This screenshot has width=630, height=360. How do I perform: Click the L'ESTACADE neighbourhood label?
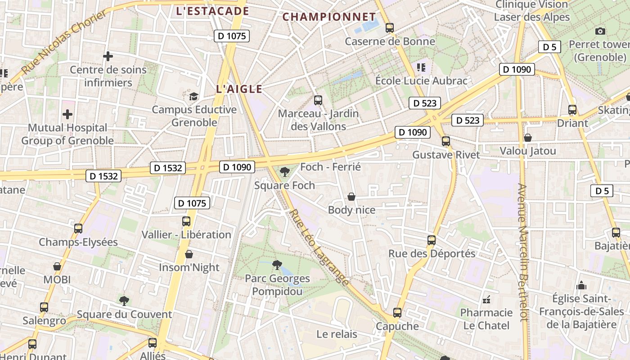[x=212, y=11]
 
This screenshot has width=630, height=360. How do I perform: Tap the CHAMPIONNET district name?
[x=329, y=17]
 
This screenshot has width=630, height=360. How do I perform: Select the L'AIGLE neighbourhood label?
[x=239, y=89]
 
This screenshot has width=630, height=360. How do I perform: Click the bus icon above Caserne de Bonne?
[x=390, y=28]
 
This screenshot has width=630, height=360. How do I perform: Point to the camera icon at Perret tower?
[x=600, y=31]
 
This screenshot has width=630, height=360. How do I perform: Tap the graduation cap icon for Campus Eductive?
[x=193, y=96]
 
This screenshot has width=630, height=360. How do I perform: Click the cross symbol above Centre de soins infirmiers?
[x=108, y=56]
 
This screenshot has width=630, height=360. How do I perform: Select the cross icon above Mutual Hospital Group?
[x=67, y=114]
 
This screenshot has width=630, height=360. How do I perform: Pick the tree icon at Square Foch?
[x=284, y=171]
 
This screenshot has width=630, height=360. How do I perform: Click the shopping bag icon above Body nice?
[x=351, y=197]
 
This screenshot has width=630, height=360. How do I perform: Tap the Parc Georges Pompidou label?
[x=277, y=285]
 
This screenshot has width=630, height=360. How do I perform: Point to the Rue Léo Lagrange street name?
[x=319, y=247]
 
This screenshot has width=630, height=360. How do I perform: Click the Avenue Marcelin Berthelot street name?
[x=522, y=252]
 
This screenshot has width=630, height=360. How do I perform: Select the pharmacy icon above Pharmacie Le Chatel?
[x=486, y=299]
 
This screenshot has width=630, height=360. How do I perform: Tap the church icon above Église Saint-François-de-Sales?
[x=581, y=285]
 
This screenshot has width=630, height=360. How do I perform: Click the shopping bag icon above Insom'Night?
[x=189, y=254]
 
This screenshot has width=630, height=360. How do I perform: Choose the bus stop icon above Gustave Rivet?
[x=446, y=141]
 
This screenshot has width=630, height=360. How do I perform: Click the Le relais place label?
[x=337, y=334]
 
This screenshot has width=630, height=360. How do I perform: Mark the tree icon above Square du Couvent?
[x=124, y=301]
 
